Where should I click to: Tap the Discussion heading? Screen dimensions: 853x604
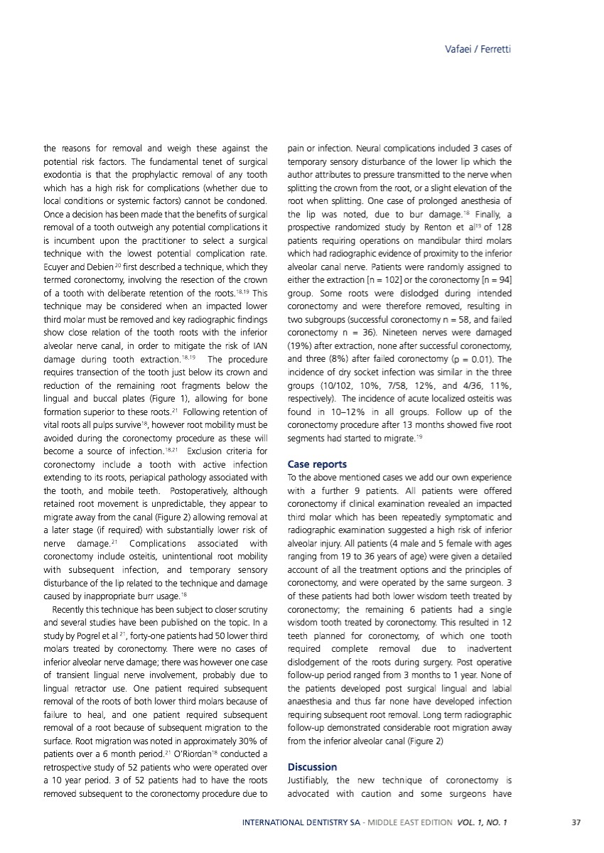click(x=311, y=767)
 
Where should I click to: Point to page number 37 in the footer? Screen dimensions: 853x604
click(x=576, y=822)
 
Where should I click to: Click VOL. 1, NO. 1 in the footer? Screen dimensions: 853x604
click(x=481, y=822)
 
